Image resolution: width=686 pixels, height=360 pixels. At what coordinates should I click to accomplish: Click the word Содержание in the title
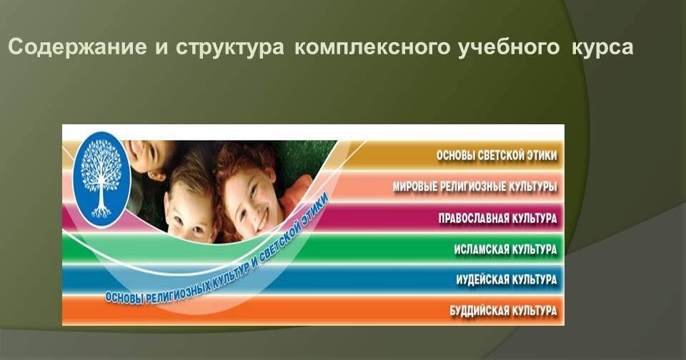point(77,47)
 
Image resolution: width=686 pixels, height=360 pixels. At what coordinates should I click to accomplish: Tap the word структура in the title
point(230,48)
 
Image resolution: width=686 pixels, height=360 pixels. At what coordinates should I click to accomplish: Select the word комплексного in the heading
point(372,47)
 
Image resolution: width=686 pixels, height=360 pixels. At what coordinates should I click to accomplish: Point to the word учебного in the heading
point(509,47)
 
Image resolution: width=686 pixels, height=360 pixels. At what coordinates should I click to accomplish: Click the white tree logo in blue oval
point(102,179)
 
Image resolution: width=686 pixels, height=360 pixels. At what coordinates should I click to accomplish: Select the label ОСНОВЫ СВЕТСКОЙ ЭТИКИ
point(497,155)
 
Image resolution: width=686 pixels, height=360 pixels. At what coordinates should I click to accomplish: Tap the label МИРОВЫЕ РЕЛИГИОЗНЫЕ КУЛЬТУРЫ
point(474,186)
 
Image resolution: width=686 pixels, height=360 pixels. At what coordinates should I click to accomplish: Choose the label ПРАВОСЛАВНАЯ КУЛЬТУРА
point(498,218)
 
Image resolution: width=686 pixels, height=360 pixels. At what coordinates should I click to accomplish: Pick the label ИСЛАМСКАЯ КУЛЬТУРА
point(505,249)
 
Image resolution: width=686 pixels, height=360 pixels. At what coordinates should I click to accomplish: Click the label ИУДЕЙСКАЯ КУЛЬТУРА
point(507,279)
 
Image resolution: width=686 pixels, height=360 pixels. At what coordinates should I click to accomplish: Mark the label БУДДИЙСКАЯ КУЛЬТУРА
point(503,311)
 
